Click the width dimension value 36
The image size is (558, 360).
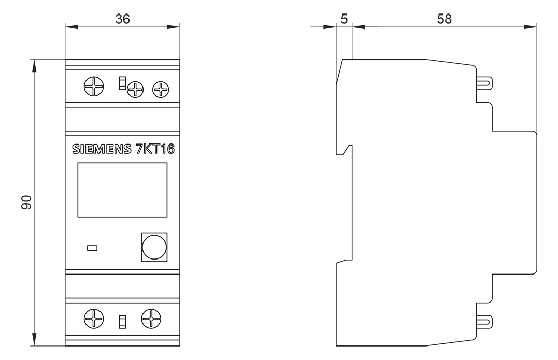(123, 19)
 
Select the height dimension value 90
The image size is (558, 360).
(27, 202)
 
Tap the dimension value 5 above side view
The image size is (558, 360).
(344, 19)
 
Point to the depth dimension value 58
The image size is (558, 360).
(445, 19)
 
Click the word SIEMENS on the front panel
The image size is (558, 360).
(102, 149)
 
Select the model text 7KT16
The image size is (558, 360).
(155, 149)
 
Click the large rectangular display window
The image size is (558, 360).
(122, 190)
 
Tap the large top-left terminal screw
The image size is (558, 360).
(94, 87)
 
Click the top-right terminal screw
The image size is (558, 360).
(161, 89)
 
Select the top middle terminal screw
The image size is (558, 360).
(135, 89)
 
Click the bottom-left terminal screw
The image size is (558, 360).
(94, 319)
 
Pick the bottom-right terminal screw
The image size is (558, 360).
(151, 319)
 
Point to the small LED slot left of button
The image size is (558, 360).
(92, 248)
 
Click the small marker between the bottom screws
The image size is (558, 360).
(122, 322)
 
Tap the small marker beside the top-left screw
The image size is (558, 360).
(122, 83)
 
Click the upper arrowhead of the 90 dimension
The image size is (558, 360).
(34, 66)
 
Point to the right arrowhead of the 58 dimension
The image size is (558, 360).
(530, 26)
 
